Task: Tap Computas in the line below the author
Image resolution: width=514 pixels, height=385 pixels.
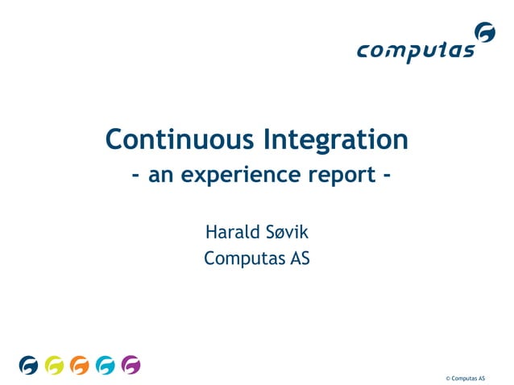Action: tap(239, 259)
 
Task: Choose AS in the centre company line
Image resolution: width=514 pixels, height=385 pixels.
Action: tap(300, 259)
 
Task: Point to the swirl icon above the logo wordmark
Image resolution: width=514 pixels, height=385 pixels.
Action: tap(485, 33)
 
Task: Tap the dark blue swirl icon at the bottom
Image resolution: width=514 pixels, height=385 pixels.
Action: tap(28, 366)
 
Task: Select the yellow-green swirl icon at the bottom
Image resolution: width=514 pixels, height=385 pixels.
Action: tap(54, 366)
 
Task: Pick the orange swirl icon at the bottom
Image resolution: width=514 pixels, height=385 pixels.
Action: tap(79, 366)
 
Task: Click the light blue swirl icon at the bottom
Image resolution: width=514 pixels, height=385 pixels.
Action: tap(105, 366)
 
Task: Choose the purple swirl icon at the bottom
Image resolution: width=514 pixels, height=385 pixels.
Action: tap(131, 366)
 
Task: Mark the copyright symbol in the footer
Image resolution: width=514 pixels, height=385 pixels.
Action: tap(447, 378)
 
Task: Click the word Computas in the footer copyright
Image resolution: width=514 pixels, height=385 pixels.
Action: tap(463, 378)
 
